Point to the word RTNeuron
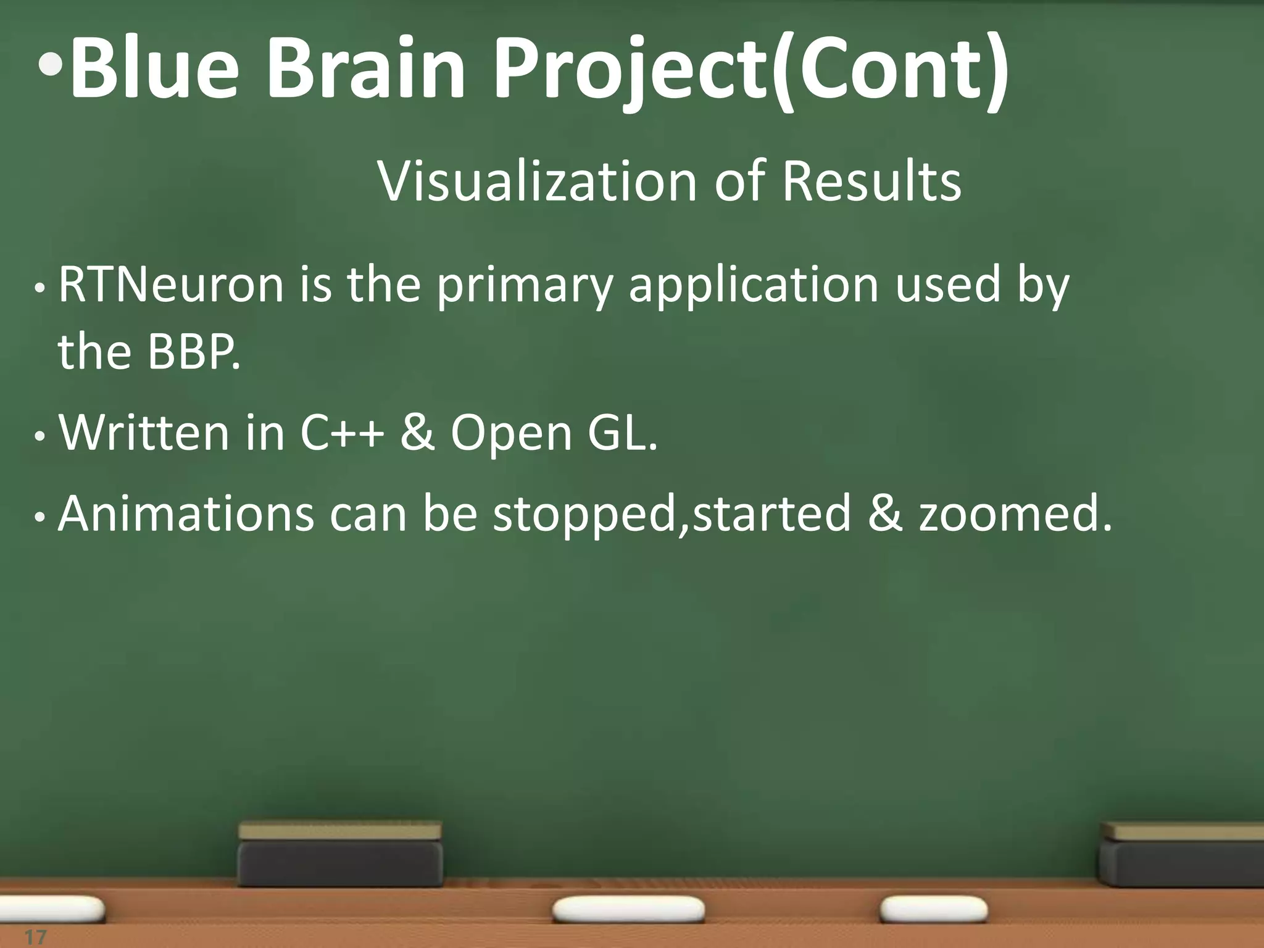click(171, 285)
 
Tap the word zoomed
click(1015, 513)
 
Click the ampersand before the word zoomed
click(884, 513)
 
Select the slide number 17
click(35, 937)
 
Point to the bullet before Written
click(39, 436)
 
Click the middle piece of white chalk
click(628, 909)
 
